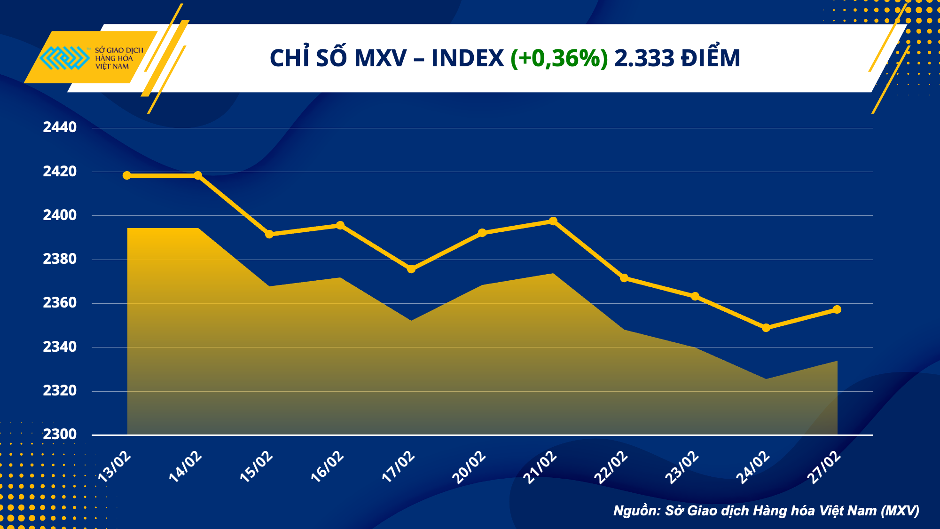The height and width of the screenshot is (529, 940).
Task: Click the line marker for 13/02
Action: (127, 175)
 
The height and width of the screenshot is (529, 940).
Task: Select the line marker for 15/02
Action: (269, 234)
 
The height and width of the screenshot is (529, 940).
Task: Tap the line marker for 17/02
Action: (411, 269)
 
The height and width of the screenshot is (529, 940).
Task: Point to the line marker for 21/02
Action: (553, 221)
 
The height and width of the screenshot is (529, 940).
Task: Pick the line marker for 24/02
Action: (766, 328)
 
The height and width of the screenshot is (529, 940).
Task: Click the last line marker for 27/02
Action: (837, 309)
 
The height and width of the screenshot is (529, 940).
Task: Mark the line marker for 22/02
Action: (624, 278)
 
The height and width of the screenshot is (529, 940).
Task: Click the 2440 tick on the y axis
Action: (60, 127)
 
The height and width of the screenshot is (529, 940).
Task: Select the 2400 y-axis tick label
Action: (60, 215)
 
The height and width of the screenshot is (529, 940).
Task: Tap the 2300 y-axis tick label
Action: (60, 434)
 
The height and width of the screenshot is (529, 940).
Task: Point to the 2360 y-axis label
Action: (60, 303)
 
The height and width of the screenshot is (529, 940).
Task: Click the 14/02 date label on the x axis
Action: (185, 466)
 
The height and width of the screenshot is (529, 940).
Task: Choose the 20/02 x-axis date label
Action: (469, 466)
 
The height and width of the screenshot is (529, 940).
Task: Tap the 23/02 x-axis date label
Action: (681, 466)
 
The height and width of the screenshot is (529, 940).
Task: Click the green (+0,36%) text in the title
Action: (559, 58)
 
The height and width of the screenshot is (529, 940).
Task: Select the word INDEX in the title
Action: (467, 58)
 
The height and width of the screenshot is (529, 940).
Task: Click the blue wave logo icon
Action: (64, 58)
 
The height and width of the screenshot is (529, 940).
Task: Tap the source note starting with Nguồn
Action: (766, 511)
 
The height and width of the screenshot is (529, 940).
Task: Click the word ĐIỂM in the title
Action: (711, 58)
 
